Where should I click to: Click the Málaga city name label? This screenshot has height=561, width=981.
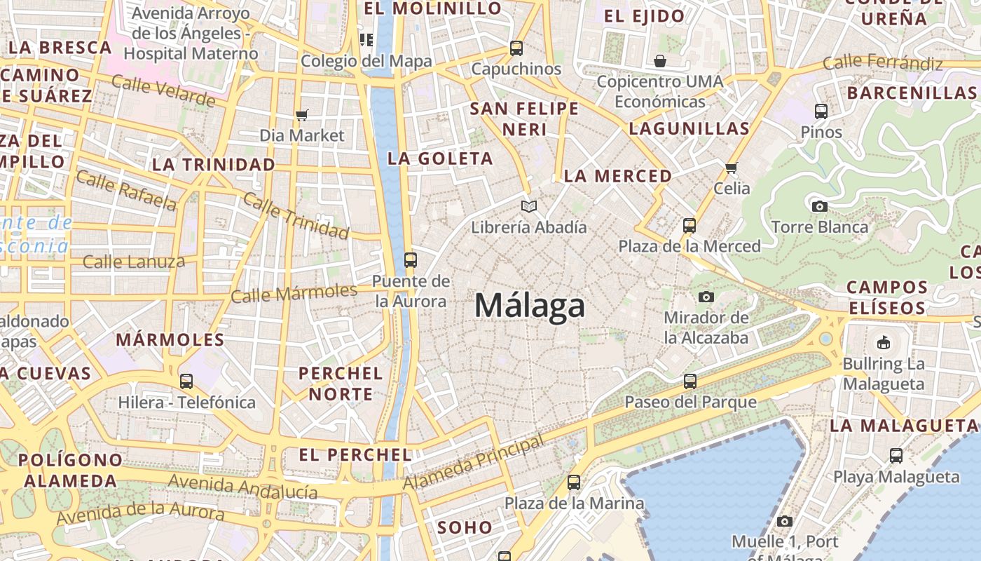point(529,306)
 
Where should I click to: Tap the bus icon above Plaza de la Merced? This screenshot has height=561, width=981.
point(690,226)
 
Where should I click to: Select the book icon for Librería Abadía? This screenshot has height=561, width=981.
point(529,207)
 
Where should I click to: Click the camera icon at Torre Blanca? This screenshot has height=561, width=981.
point(819,206)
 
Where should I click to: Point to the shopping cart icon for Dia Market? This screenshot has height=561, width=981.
point(302,115)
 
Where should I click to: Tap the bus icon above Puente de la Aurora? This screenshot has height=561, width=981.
point(411,260)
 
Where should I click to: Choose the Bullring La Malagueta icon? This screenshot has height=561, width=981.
point(883,343)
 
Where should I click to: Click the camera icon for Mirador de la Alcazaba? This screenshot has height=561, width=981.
point(706,297)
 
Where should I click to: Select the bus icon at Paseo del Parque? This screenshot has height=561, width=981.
point(690,381)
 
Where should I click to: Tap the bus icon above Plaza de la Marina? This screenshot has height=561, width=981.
point(574,482)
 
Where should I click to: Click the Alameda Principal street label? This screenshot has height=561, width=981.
point(474,463)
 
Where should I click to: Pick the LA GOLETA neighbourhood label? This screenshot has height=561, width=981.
point(440,159)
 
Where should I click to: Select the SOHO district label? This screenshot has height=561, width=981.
point(465,527)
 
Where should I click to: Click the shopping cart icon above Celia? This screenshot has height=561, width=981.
point(732,168)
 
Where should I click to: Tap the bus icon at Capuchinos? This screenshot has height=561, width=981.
point(516,48)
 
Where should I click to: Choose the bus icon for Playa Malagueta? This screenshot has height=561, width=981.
point(896,456)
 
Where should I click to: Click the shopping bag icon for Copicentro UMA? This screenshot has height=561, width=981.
point(659,61)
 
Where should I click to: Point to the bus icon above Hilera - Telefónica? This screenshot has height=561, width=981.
point(186,381)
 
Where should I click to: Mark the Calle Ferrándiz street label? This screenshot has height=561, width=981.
point(883,63)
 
